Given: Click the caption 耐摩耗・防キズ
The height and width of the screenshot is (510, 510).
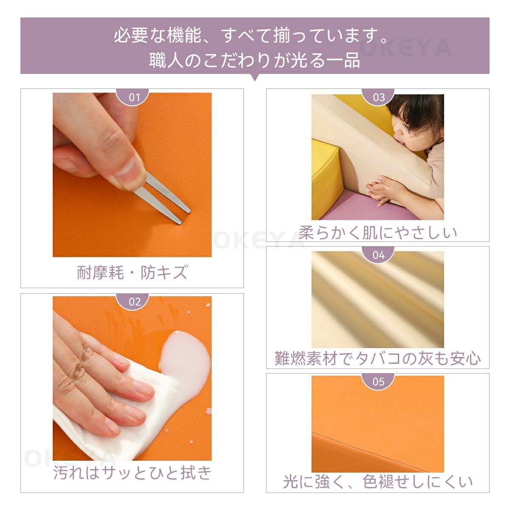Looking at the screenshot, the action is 132,272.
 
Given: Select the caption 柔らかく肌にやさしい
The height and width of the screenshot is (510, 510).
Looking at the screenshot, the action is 378,232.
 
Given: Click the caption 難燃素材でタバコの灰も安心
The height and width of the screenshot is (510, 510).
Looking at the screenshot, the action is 378,359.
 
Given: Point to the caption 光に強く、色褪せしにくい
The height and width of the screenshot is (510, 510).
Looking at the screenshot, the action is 378,482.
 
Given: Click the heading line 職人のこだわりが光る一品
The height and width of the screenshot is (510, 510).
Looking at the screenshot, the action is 255,60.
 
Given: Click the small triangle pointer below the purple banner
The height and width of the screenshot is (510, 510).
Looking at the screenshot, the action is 255,77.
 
